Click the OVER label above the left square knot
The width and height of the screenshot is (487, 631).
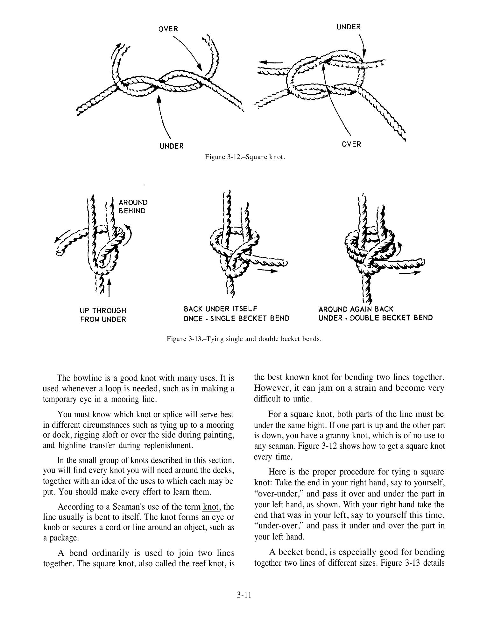pos(168,29)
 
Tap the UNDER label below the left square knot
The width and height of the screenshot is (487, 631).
pos(172,146)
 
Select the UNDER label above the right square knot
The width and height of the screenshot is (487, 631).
pos(349,27)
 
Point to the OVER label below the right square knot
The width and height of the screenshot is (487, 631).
pos(351,144)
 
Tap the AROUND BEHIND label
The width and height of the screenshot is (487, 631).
pos(133,207)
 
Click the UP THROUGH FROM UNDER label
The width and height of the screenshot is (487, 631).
pos(103,315)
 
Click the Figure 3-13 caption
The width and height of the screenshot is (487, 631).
pos(244,339)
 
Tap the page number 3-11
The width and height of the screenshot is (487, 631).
pos(244,595)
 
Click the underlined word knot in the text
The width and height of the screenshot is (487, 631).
pos(210,507)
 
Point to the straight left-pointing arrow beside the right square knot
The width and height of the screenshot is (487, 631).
pos(270,62)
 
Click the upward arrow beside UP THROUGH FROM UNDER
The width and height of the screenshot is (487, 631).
pos(109,287)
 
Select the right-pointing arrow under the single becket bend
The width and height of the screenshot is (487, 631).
pos(267,271)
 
